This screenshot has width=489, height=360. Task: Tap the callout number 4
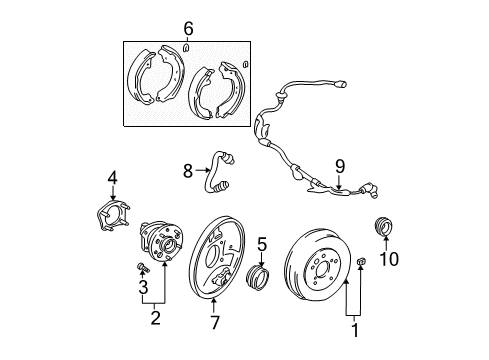point(113,179)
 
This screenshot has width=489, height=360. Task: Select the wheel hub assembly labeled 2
point(161,249)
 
